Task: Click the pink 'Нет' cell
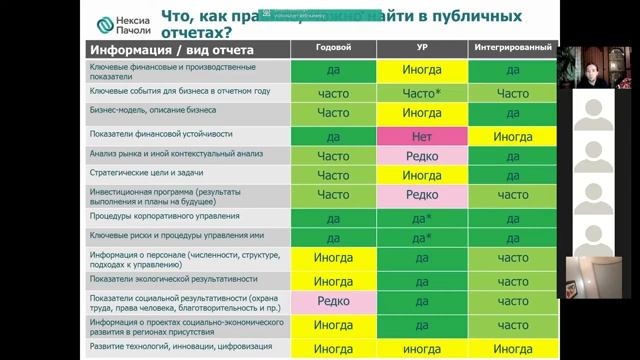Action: coord(421,135)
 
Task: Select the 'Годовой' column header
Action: coord(333,47)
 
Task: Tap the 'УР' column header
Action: coord(421,47)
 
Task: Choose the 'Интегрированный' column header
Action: coord(512,47)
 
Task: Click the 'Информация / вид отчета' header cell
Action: coord(172,48)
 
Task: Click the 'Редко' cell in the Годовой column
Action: coord(333,301)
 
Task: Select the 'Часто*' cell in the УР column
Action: coord(421,92)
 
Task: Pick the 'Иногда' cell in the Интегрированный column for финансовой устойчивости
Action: coord(512,135)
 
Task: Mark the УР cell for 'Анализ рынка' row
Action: coord(421,155)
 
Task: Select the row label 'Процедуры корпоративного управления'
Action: coord(150,215)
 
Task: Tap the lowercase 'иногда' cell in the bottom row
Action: coord(421,349)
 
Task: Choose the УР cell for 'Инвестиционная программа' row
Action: coord(421,194)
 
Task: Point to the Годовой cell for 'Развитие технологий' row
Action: coord(333,349)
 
